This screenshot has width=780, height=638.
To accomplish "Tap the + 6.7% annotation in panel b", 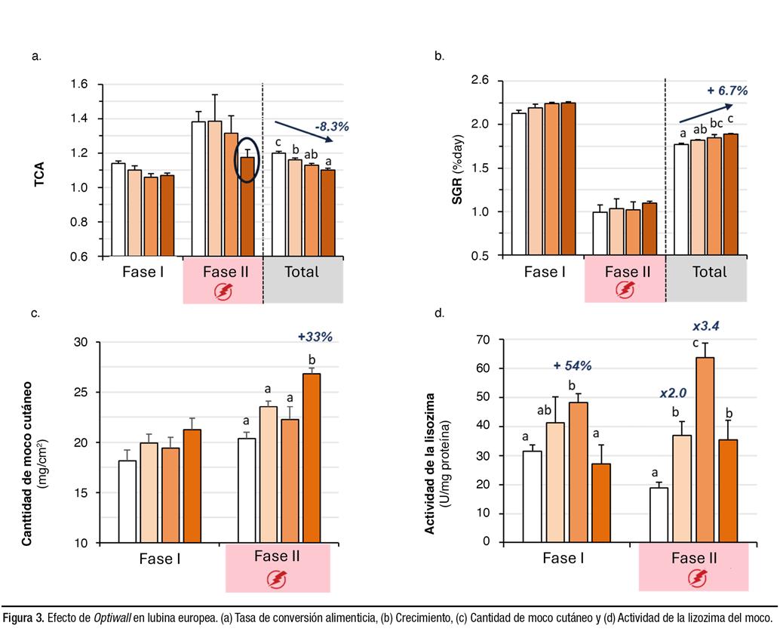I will [x=726, y=91].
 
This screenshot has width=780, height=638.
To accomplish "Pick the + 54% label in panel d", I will [x=571, y=365].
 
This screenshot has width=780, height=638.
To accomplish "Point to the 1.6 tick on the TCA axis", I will [x=79, y=84].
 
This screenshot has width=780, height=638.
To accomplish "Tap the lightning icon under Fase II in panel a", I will [x=223, y=290].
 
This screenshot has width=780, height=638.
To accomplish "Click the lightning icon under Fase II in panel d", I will [x=693, y=579].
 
